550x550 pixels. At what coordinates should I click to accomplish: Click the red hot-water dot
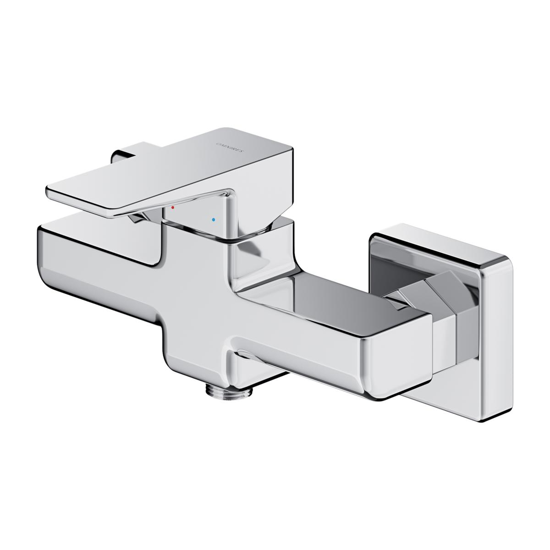[x=172, y=208]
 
